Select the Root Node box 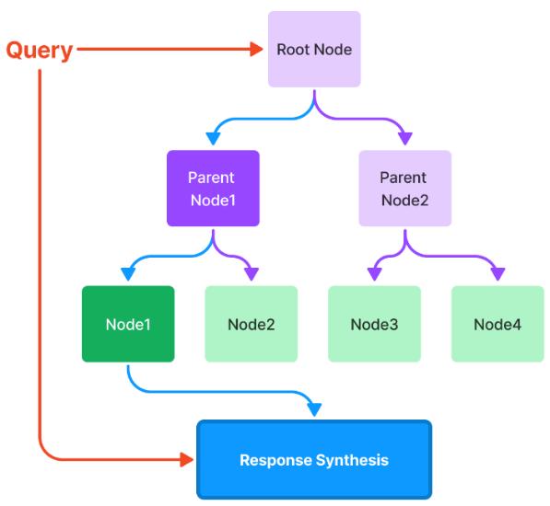tap(314, 49)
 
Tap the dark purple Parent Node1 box tap(213, 188)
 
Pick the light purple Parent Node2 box tap(404, 188)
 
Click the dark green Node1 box tap(128, 324)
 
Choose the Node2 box tap(252, 324)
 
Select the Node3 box tap(374, 324)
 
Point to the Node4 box tap(497, 324)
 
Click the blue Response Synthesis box tap(314, 459)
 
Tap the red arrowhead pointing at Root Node tap(256, 49)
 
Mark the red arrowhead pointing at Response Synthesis tap(187, 459)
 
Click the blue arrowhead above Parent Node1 tap(213, 139)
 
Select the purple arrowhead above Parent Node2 tap(405, 139)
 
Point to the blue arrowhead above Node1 tap(128, 274)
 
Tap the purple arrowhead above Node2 tap(252, 274)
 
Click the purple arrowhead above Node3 tap(375, 274)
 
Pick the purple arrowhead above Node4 tap(497, 274)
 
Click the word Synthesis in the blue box tap(352, 461)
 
